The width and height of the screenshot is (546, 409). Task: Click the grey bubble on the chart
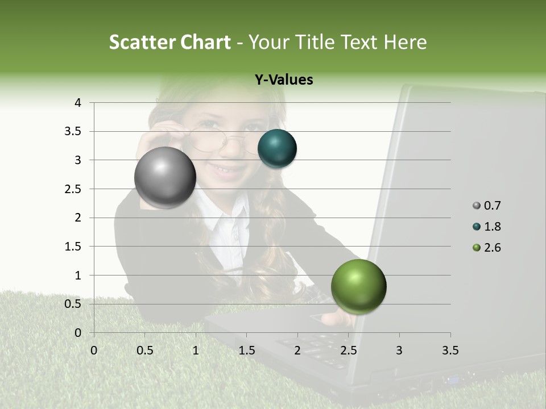pos(165,178)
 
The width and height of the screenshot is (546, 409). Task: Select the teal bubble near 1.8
pos(277,149)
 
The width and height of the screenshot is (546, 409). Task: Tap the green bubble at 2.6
pos(358,286)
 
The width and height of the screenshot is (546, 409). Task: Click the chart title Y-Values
pos(283,80)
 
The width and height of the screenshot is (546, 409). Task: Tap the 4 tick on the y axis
pos(78,103)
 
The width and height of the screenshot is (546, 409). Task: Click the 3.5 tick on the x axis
pos(450,350)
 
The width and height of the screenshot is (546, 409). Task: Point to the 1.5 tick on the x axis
pos(247,350)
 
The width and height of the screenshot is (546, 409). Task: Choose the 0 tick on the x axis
pos(94,350)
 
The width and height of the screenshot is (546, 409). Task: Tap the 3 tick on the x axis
pos(399,350)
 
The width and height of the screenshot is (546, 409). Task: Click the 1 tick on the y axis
pos(78,276)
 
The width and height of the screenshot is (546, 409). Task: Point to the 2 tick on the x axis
pos(297,350)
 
